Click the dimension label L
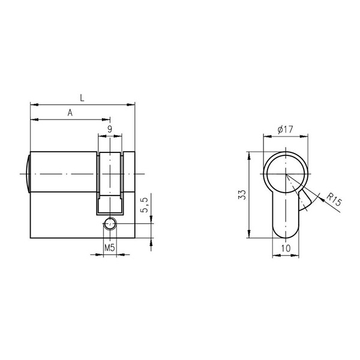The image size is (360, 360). click(x=82, y=98)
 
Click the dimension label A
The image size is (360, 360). click(x=70, y=113)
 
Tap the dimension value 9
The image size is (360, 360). click(x=110, y=129)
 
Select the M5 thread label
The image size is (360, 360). click(x=110, y=248)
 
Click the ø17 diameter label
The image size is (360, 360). click(x=286, y=130)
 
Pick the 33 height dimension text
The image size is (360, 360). click(x=242, y=194)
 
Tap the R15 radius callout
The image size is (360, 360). click(x=334, y=200)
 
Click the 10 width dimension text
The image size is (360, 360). click(x=286, y=248)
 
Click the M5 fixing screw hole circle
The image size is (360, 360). click(x=110, y=223)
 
